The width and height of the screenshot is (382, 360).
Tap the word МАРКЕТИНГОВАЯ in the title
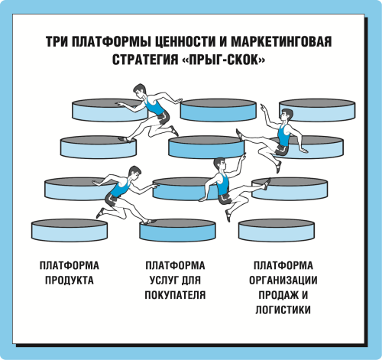[281, 41]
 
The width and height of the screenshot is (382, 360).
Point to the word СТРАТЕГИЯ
[145, 60]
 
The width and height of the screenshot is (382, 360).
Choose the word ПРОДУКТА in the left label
[70, 281]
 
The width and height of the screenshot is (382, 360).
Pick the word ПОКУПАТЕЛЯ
[175, 295]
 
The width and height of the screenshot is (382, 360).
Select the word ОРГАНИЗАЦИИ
[283, 281]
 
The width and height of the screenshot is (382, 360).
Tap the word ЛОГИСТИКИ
[283, 310]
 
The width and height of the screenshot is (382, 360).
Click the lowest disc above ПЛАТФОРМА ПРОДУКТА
[70, 230]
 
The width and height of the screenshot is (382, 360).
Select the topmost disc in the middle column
[219, 110]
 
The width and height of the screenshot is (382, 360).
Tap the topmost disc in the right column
[317, 110]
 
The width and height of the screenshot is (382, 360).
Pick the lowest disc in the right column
[277, 230]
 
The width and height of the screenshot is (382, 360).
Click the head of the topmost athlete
[140, 91]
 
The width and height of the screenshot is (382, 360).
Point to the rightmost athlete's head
[286, 115]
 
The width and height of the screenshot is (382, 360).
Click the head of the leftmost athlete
[134, 173]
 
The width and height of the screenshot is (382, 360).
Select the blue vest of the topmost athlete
[155, 106]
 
